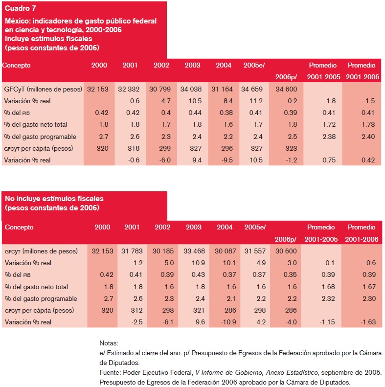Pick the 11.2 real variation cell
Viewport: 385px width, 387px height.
(254, 101)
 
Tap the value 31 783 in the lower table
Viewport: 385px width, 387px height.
(131, 251)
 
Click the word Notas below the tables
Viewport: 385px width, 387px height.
(109, 343)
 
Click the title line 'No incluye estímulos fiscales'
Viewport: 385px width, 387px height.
(54, 199)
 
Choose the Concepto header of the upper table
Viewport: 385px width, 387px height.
(16, 65)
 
